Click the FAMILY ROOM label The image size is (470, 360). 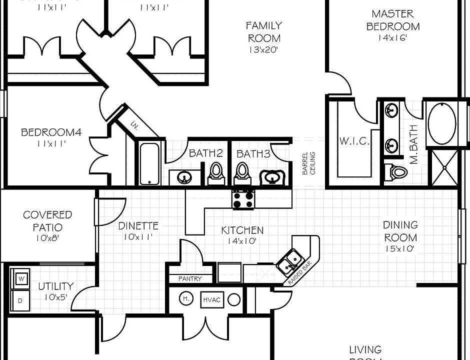(x=263, y=31)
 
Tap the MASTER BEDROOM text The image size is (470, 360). (x=393, y=20)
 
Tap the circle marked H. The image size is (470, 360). (x=186, y=298)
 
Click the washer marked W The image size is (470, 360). (x=21, y=278)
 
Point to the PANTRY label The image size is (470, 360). (x=190, y=278)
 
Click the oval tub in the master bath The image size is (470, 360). (x=441, y=123)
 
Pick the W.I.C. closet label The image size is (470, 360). (x=354, y=141)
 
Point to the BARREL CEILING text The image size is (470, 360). (x=309, y=163)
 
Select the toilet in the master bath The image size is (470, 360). (x=398, y=172)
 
